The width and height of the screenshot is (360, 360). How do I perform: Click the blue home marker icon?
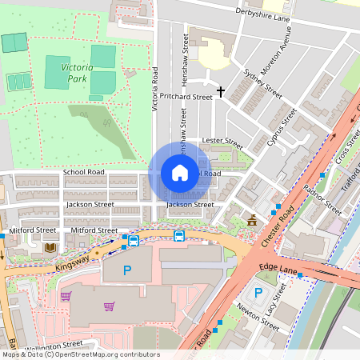tap(180, 173)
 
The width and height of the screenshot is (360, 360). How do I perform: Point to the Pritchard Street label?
tap(185, 96)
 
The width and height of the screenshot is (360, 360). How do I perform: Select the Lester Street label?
tap(222, 142)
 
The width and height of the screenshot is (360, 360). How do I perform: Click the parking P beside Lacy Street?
tap(258, 293)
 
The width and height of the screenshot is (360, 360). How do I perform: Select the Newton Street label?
tap(258, 318)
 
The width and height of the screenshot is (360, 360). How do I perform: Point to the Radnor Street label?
tap(322, 199)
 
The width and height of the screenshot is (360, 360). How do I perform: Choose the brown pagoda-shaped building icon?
tap(253, 220)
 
